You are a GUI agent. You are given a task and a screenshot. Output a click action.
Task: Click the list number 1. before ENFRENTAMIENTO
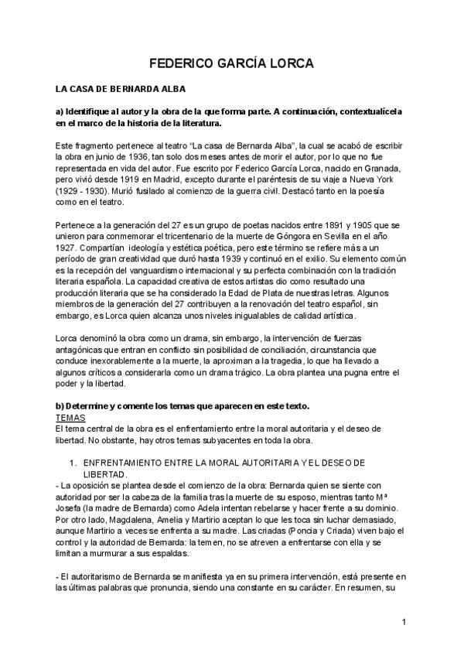72,462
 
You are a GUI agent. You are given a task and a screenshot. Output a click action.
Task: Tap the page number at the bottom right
404,622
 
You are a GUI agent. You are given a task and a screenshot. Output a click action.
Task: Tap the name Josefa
70,511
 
